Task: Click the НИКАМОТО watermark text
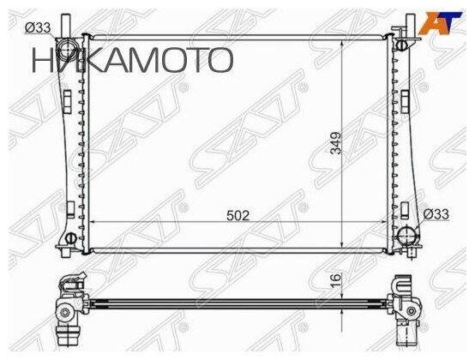[x=133, y=59]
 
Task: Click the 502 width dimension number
[x=238, y=216]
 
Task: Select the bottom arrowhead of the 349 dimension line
[x=343, y=246]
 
